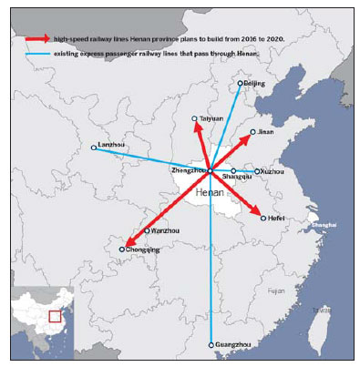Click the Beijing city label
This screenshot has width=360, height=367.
tap(255, 85)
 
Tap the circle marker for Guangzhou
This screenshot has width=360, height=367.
tap(211, 345)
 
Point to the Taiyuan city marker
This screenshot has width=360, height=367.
tap(194, 119)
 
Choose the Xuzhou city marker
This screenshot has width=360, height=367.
tap(256, 171)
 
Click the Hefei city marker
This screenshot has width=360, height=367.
tap(263, 219)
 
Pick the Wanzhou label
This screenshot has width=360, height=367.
tap(159, 231)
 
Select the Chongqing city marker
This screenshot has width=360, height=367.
tap(121, 249)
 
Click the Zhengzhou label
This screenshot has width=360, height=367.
tap(188, 170)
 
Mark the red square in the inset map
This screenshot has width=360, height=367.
tap(56, 316)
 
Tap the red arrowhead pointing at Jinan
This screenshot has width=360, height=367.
tap(251, 136)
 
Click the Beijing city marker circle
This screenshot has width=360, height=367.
tap(241, 84)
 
